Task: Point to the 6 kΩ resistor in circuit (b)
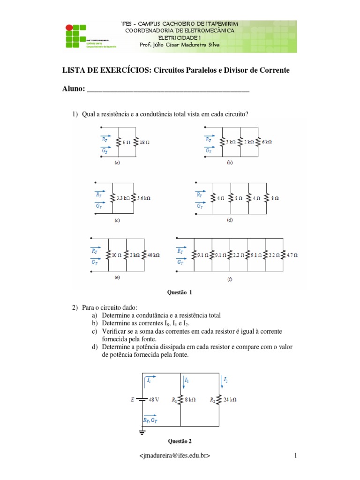coord(265,141)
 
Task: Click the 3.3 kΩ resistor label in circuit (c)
coord(123,198)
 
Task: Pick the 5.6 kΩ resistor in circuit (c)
coord(143,198)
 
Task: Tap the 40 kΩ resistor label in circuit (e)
coord(153,255)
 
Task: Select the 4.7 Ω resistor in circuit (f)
coord(292,255)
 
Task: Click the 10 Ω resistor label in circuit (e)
coord(117,255)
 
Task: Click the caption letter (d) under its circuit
coord(230,219)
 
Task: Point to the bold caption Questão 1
coord(180,292)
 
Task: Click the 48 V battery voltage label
coord(154,400)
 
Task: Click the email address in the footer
coord(174,455)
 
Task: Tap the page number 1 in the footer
coord(296,455)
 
